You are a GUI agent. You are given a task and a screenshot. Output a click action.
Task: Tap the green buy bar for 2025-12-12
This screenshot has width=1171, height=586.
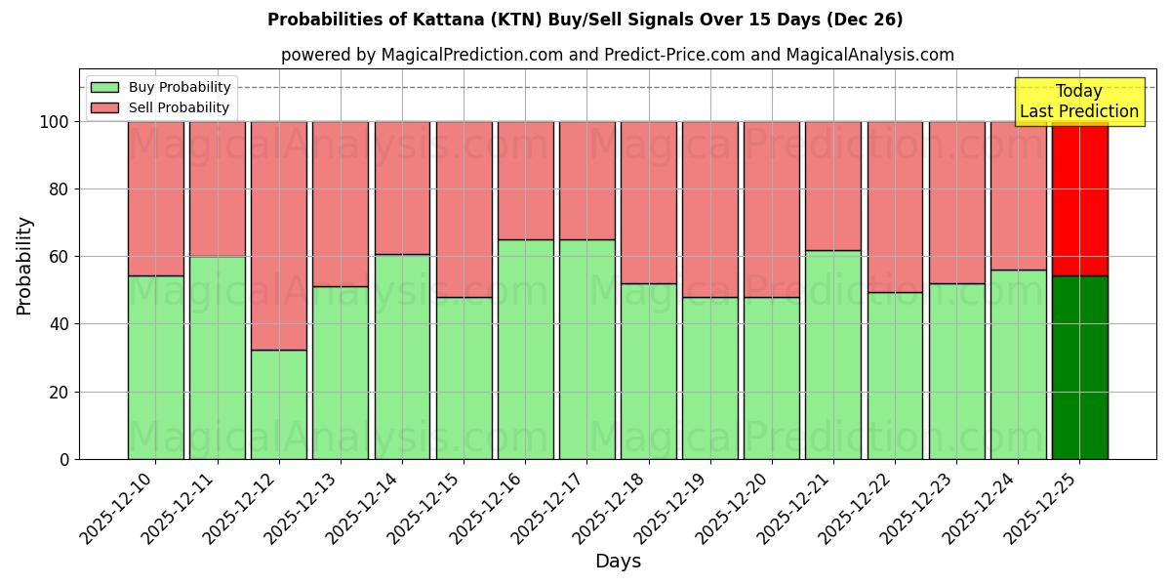pos(279,404)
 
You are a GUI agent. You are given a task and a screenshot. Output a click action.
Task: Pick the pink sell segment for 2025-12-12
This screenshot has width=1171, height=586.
pos(279,235)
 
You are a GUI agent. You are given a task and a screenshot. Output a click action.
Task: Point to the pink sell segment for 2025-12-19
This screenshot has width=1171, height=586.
pos(710,209)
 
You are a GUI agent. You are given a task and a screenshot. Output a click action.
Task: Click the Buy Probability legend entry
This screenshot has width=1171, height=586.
pos(161,87)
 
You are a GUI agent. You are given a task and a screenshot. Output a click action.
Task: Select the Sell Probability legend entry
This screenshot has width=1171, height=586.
pos(161,107)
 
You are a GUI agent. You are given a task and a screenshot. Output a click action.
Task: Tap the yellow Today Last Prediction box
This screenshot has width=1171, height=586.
pos(1078,102)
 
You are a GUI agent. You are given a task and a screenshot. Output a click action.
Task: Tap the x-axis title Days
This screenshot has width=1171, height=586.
pos(618,562)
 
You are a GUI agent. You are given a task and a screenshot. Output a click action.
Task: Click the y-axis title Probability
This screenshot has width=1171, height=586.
pos(24,266)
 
